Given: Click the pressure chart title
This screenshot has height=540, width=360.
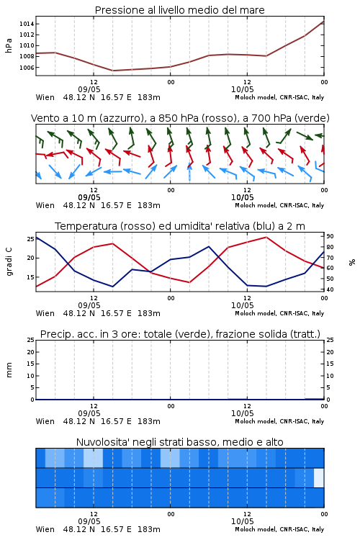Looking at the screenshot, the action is (x=179, y=10).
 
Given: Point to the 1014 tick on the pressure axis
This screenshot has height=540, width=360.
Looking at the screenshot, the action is (x=27, y=24).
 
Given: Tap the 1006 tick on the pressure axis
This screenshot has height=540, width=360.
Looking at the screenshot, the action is (x=27, y=68).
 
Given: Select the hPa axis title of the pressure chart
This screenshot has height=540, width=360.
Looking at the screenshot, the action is (x=9, y=45).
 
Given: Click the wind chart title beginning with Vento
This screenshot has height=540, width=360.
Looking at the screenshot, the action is (x=180, y=118).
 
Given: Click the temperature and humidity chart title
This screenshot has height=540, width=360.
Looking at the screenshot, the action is (x=180, y=226).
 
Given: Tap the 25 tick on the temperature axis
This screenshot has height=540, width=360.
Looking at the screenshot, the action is (x=30, y=239).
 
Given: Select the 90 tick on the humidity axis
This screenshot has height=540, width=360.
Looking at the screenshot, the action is (x=330, y=236).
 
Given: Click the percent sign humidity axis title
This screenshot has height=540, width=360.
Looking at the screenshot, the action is (x=352, y=262).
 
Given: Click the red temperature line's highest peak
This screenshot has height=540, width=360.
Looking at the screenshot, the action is (x=266, y=237).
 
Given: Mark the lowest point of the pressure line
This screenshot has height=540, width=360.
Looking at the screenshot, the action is (x=112, y=71).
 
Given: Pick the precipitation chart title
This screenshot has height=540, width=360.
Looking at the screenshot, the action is (x=180, y=334).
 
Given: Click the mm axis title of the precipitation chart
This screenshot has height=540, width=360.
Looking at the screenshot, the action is (x=9, y=370).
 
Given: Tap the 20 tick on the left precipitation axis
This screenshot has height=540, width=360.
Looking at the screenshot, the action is (x=30, y=352).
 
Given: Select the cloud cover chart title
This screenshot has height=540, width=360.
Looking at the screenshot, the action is (x=179, y=442).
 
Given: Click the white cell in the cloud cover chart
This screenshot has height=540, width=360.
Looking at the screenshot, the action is (x=319, y=477).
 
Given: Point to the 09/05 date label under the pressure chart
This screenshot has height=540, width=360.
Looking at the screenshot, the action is (x=89, y=89).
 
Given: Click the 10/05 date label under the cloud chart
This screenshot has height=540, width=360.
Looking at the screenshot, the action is (x=242, y=521).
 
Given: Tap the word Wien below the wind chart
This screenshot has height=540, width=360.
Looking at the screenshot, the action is (x=45, y=206).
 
